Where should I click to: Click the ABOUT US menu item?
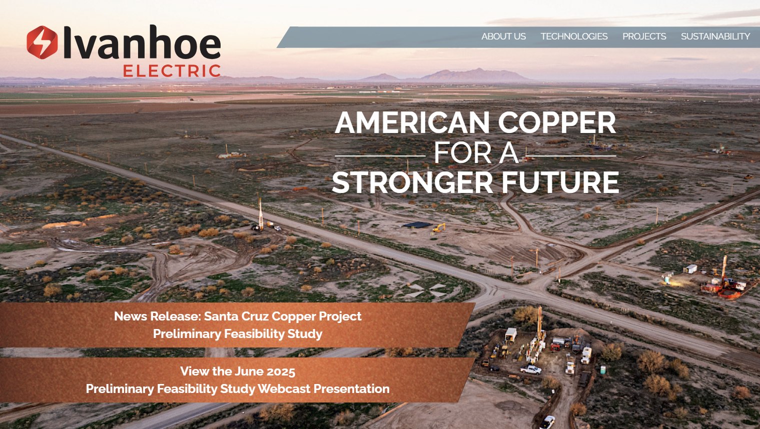(x=503, y=36)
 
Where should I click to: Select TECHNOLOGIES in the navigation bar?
(x=574, y=36)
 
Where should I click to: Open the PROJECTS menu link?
(x=644, y=36)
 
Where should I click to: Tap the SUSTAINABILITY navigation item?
(x=715, y=36)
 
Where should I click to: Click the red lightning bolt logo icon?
(x=42, y=42)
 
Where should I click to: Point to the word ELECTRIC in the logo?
(x=172, y=71)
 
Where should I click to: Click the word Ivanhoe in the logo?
(x=142, y=43)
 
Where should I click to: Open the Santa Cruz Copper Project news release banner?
(x=238, y=325)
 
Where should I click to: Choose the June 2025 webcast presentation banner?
(x=238, y=380)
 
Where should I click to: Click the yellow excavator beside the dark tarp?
(x=439, y=228)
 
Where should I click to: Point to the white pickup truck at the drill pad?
(x=531, y=369)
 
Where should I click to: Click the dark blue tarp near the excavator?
(x=416, y=225)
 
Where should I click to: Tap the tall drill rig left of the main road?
(x=260, y=215)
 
